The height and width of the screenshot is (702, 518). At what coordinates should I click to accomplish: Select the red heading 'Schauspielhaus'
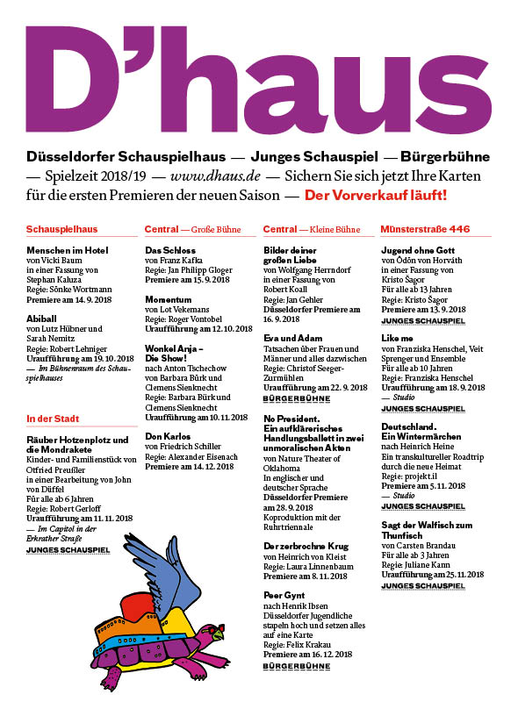pyautogui.click(x=61, y=230)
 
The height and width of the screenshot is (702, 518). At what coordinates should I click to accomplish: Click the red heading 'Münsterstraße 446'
pyautogui.click(x=425, y=230)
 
